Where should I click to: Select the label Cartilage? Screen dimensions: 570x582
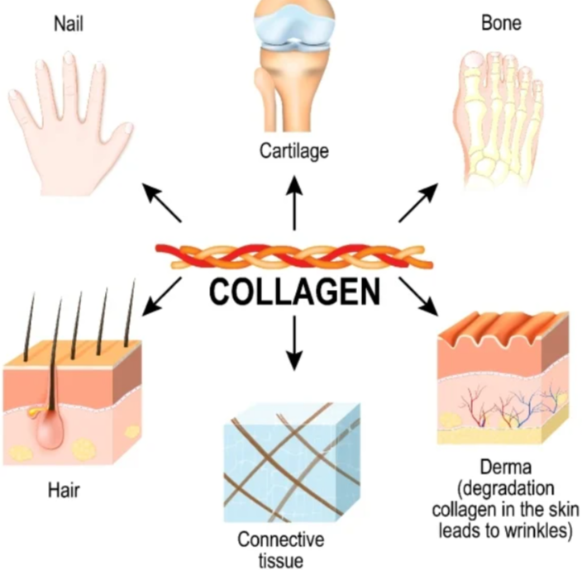click(x=294, y=151)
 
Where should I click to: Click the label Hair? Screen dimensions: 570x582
click(x=63, y=490)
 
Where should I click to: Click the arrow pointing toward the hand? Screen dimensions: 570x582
click(x=162, y=203)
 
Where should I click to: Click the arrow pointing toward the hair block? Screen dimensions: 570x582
click(x=162, y=297)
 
